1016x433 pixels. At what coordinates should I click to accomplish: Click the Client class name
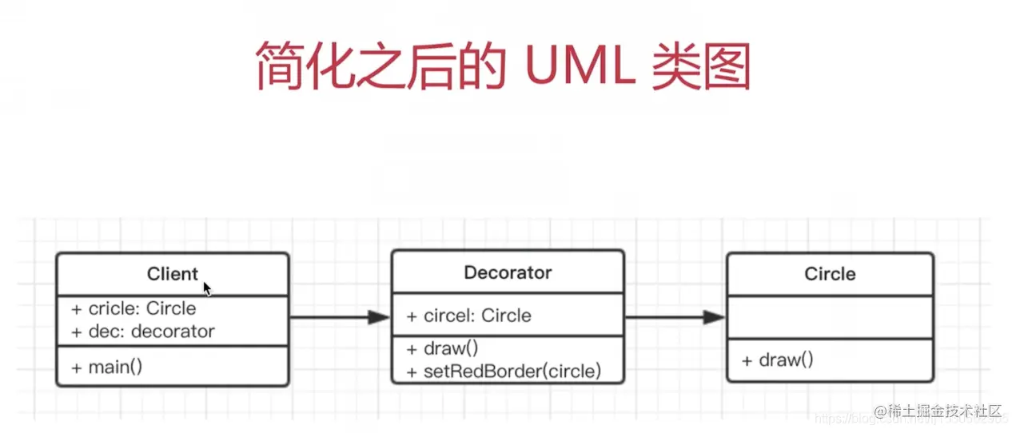click(x=172, y=274)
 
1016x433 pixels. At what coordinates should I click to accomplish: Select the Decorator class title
click(x=508, y=272)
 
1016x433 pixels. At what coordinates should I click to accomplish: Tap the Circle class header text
click(x=830, y=274)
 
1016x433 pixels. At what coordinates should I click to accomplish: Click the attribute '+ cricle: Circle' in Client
click(x=133, y=308)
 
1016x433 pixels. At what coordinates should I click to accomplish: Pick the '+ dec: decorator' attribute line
click(x=143, y=331)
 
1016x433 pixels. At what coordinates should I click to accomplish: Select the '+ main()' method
click(x=106, y=367)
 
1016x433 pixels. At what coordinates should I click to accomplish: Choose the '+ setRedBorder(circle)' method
click(x=504, y=371)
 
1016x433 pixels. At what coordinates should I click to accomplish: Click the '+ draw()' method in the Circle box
click(x=777, y=360)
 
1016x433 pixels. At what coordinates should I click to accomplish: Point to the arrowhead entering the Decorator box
click(x=379, y=318)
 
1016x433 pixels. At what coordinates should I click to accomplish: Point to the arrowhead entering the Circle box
click(x=714, y=318)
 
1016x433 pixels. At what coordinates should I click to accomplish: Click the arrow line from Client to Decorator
click(x=328, y=318)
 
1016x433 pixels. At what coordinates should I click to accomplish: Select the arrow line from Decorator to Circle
click(x=663, y=318)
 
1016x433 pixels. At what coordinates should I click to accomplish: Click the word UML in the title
click(x=580, y=66)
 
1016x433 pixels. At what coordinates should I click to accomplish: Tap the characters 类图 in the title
click(x=700, y=66)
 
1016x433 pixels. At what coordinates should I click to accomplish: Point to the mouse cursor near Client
click(x=207, y=288)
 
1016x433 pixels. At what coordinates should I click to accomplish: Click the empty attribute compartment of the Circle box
click(x=830, y=316)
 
